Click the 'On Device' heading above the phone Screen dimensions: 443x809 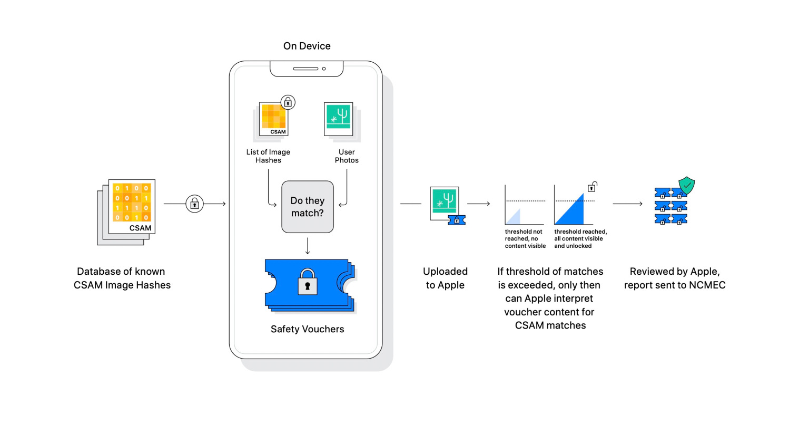coord(307,46)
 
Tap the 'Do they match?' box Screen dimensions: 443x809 coord(308,207)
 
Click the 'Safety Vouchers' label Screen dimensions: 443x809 coord(308,329)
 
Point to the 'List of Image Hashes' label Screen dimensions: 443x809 coord(268,156)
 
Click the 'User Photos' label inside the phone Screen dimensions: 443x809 coord(347,156)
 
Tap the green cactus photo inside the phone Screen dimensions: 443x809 coord(338,117)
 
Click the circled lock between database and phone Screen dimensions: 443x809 coord(194,204)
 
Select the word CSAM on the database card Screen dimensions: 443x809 coord(140,228)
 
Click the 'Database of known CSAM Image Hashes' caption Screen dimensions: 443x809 coord(122,278)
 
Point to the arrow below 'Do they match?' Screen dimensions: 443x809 coord(308,246)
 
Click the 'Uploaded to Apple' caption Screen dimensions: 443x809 coord(445,278)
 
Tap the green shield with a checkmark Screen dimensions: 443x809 coord(687,185)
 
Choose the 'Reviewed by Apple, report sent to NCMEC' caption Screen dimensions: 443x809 coord(675,278)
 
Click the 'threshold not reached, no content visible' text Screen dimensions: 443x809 coord(525,239)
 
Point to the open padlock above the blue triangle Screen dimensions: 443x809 coord(592,187)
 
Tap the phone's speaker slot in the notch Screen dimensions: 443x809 coord(305,69)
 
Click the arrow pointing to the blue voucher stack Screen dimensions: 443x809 coord(628,204)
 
